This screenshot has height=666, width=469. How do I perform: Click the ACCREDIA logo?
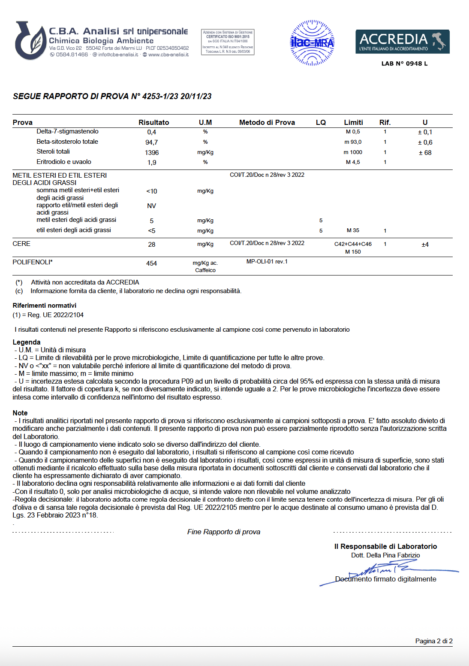pos(402,42)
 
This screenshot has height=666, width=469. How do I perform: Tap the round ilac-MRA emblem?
pos(312,42)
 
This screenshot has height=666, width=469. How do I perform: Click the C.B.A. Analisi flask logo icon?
pos(30,40)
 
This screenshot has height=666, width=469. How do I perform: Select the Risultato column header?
pos(153,122)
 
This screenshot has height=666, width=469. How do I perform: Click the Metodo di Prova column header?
pos(267,122)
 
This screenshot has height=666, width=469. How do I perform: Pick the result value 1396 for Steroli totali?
pos(152,153)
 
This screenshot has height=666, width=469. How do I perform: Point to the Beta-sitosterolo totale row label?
pos(67,142)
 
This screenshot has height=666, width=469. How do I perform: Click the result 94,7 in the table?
pos(151,142)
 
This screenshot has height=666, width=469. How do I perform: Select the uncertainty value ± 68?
pos(425,153)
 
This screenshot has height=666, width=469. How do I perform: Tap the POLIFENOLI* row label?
pos(33,262)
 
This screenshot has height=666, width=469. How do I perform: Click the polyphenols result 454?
pos(151,263)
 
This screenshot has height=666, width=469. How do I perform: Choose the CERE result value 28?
pos(151,245)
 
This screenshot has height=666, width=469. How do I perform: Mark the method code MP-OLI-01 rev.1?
pos(267,262)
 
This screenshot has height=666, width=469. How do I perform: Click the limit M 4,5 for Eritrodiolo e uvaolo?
pos(353,162)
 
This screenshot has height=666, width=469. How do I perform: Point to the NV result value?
pos(151,206)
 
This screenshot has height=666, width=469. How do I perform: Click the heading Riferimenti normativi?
pos(45,306)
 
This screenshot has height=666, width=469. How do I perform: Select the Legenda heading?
pos(27,342)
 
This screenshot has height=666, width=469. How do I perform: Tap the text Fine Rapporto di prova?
pos(224,532)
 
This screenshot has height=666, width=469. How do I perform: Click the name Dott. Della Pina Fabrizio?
pos(385,555)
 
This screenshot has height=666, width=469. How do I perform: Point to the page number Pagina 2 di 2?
pos(434,641)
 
